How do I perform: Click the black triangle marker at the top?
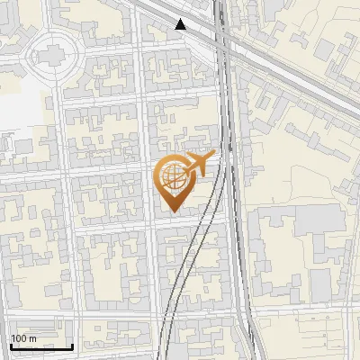coord(181,24)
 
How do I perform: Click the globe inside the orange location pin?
coord(170,178)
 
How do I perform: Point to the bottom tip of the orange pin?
coord(170,212)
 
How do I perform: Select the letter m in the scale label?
coord(33,338)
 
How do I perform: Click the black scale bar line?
coord(40,346)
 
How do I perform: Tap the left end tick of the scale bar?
coord(10,345)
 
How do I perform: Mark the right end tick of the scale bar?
coord(72,345)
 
